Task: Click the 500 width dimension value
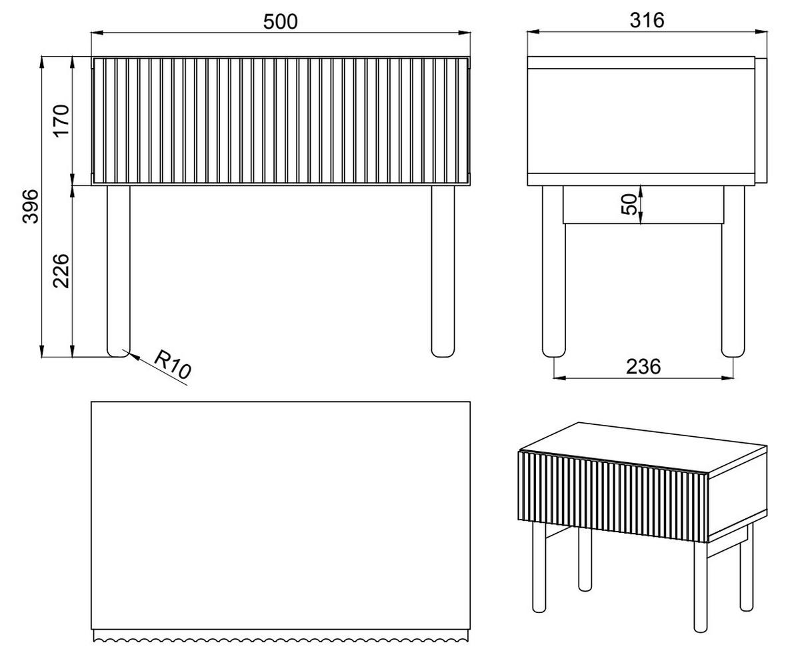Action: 280,21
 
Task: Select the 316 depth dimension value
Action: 647,20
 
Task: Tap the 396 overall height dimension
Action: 31,207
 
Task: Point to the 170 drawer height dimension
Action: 61,121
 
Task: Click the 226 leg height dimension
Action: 61,271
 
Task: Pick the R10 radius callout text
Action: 173,364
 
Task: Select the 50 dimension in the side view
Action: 629,204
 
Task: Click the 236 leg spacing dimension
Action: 643,367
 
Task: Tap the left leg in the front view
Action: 119,271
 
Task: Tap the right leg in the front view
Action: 443,271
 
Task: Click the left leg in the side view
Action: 554,271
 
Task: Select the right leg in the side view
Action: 733,271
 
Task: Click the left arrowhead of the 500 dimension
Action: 97,33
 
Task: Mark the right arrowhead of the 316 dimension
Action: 761,31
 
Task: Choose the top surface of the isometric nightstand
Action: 643,448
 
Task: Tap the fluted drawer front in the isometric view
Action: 613,496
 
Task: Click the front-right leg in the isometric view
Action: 700,587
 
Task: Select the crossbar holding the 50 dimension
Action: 643,205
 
